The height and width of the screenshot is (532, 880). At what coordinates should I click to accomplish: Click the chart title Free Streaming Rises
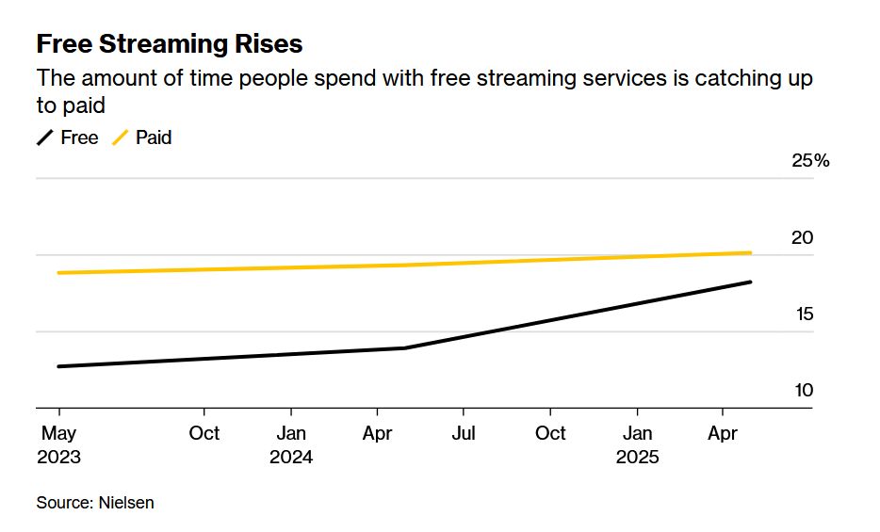point(170,43)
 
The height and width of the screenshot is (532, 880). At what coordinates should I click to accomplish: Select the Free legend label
point(79,137)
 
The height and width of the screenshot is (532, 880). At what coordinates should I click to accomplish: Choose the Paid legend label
point(154,137)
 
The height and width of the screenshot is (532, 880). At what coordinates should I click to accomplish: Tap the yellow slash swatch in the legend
point(121,137)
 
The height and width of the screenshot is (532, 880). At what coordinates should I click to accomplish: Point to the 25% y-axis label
point(810,161)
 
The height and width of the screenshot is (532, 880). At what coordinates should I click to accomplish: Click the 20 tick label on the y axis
point(802,238)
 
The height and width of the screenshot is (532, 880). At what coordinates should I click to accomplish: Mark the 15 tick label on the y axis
point(802,314)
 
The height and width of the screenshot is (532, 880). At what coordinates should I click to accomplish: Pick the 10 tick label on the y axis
point(802,391)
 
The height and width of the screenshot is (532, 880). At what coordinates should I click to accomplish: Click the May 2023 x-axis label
point(58,444)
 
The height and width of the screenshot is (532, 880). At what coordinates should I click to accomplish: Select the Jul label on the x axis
point(464,433)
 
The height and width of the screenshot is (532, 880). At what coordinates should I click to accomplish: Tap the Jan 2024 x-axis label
point(291,444)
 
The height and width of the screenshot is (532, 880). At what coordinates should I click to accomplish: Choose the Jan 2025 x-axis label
point(638,444)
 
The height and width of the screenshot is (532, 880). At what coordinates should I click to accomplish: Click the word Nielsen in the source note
point(126,503)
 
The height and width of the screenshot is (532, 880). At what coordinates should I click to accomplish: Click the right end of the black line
point(750,282)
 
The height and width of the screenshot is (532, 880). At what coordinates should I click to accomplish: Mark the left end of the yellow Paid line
point(59,273)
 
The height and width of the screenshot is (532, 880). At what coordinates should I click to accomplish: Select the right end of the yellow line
point(750,252)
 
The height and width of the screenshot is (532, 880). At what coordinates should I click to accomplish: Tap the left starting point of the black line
point(59,366)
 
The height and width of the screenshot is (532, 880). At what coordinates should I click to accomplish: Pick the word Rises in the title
point(269,43)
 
